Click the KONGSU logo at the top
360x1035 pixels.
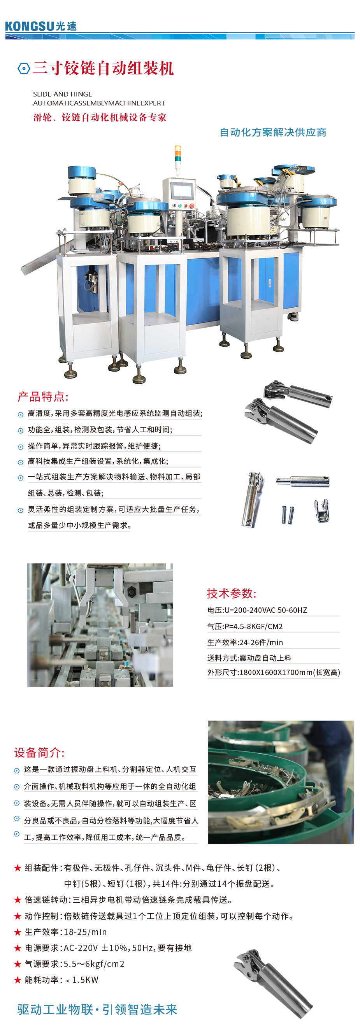(40, 26)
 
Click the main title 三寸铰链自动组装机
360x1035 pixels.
(103, 68)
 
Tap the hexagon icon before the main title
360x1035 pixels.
(24, 68)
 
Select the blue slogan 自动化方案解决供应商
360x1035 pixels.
(273, 132)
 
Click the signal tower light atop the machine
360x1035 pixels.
(177, 155)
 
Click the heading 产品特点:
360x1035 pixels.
(43, 397)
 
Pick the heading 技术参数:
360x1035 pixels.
(232, 593)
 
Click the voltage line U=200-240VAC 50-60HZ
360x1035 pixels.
(257, 610)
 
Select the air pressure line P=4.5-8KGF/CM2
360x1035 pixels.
(245, 626)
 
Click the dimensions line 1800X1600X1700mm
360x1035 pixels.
(274, 673)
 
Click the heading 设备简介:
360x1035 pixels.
(39, 753)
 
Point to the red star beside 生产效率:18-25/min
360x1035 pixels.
(18, 932)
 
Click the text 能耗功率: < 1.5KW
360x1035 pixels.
(61, 980)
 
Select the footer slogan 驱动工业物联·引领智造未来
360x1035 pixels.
(97, 1009)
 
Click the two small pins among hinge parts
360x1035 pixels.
(288, 515)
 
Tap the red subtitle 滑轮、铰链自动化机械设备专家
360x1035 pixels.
(100, 118)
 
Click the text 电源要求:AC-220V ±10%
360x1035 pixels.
(108, 948)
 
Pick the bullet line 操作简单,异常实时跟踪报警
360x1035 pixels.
(94, 446)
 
